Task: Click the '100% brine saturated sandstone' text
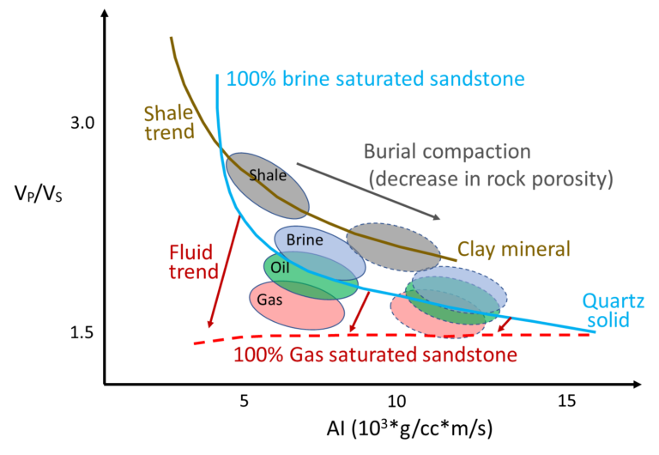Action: (x=375, y=80)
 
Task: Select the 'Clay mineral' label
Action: (x=514, y=250)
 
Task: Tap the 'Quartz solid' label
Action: (x=613, y=311)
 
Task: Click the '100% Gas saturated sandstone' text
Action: (x=375, y=355)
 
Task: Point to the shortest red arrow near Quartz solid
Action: (x=505, y=325)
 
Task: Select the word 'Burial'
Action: (x=390, y=152)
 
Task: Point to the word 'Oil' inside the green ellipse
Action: (x=281, y=268)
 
